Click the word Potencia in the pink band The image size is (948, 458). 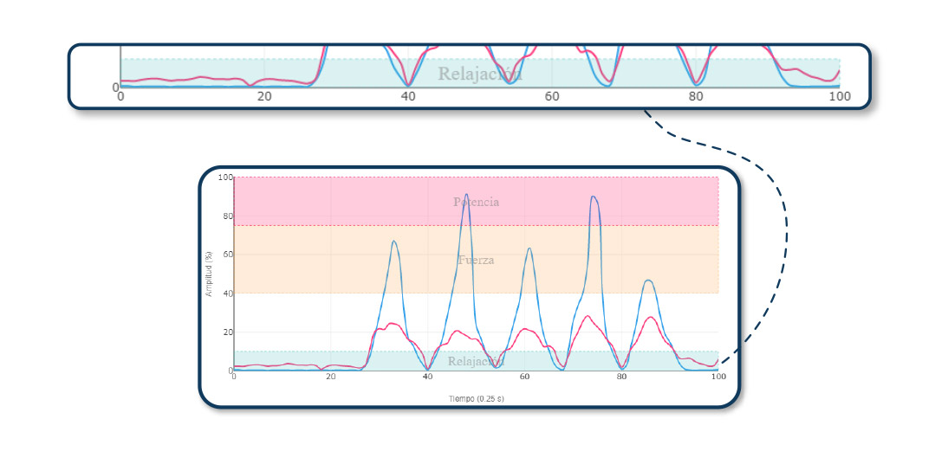(x=476, y=202)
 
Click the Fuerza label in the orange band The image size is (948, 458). (x=476, y=260)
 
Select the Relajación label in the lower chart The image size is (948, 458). (x=476, y=361)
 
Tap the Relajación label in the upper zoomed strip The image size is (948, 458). (x=479, y=74)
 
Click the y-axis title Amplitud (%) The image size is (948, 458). (x=209, y=274)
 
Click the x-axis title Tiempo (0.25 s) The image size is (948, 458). (x=476, y=399)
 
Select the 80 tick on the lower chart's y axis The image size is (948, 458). (x=227, y=216)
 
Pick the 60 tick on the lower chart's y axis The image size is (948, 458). (x=227, y=255)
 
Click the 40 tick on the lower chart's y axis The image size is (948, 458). (x=227, y=294)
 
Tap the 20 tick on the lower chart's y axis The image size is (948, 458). (x=227, y=332)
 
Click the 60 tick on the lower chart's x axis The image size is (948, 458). (x=524, y=377)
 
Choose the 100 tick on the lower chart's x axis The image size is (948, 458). (x=717, y=377)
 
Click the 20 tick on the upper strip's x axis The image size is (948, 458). (x=264, y=96)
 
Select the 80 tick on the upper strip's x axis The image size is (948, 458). (x=696, y=96)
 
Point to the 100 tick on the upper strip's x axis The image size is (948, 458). (x=839, y=96)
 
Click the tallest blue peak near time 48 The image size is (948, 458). (x=466, y=195)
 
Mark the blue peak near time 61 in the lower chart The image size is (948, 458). (x=529, y=248)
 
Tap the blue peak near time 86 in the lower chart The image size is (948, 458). (x=648, y=281)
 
